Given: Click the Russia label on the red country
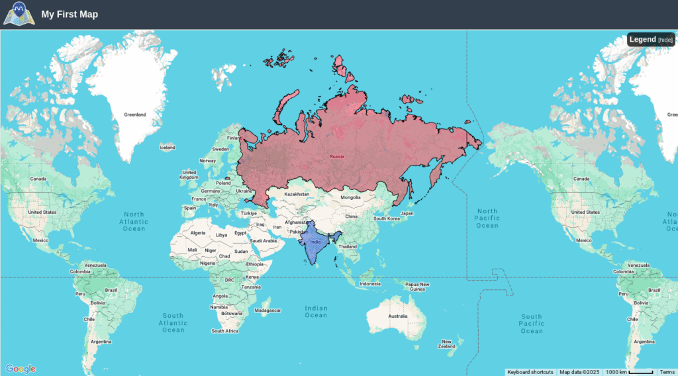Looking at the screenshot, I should click(337, 157).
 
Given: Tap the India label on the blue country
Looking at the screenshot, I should click(315, 242).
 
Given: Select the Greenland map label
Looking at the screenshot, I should click(134, 115).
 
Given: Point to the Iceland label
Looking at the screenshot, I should click(167, 148).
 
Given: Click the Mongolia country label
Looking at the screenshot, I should click(350, 197).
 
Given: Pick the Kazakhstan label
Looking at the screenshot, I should click(297, 194).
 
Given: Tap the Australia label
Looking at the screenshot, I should click(398, 316).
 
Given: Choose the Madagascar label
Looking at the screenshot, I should click(268, 310).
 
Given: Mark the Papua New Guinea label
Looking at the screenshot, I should click(417, 287).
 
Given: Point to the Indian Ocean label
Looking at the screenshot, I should click(316, 311).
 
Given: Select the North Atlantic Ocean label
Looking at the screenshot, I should click(134, 221).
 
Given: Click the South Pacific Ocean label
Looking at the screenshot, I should click(531, 324).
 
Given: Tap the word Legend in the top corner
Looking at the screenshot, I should click(642, 40).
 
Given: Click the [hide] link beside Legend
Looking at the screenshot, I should click(665, 40).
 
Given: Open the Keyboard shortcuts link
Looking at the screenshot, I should click(530, 372).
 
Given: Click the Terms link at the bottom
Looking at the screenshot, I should click(667, 372).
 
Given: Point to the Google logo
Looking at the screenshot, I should click(21, 369).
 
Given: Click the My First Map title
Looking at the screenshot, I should click(70, 15).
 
